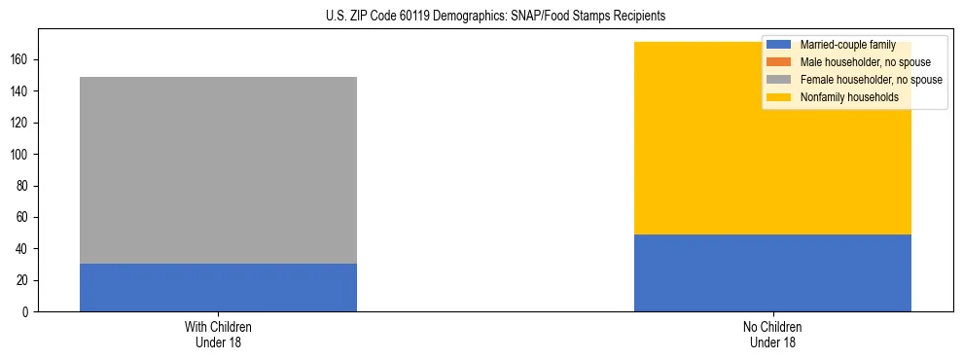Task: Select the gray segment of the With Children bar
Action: pos(218,170)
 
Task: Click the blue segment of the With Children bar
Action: pos(218,288)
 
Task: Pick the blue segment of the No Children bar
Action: pos(772,273)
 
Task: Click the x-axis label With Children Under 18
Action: pos(218,334)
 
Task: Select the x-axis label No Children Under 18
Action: pos(772,334)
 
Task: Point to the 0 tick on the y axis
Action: pos(27,312)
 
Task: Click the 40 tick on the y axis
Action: pos(24,249)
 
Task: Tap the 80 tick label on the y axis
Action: pos(24,186)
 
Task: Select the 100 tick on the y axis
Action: pos(21,155)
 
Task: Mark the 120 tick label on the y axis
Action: pos(21,124)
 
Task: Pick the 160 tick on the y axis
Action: pos(21,60)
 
